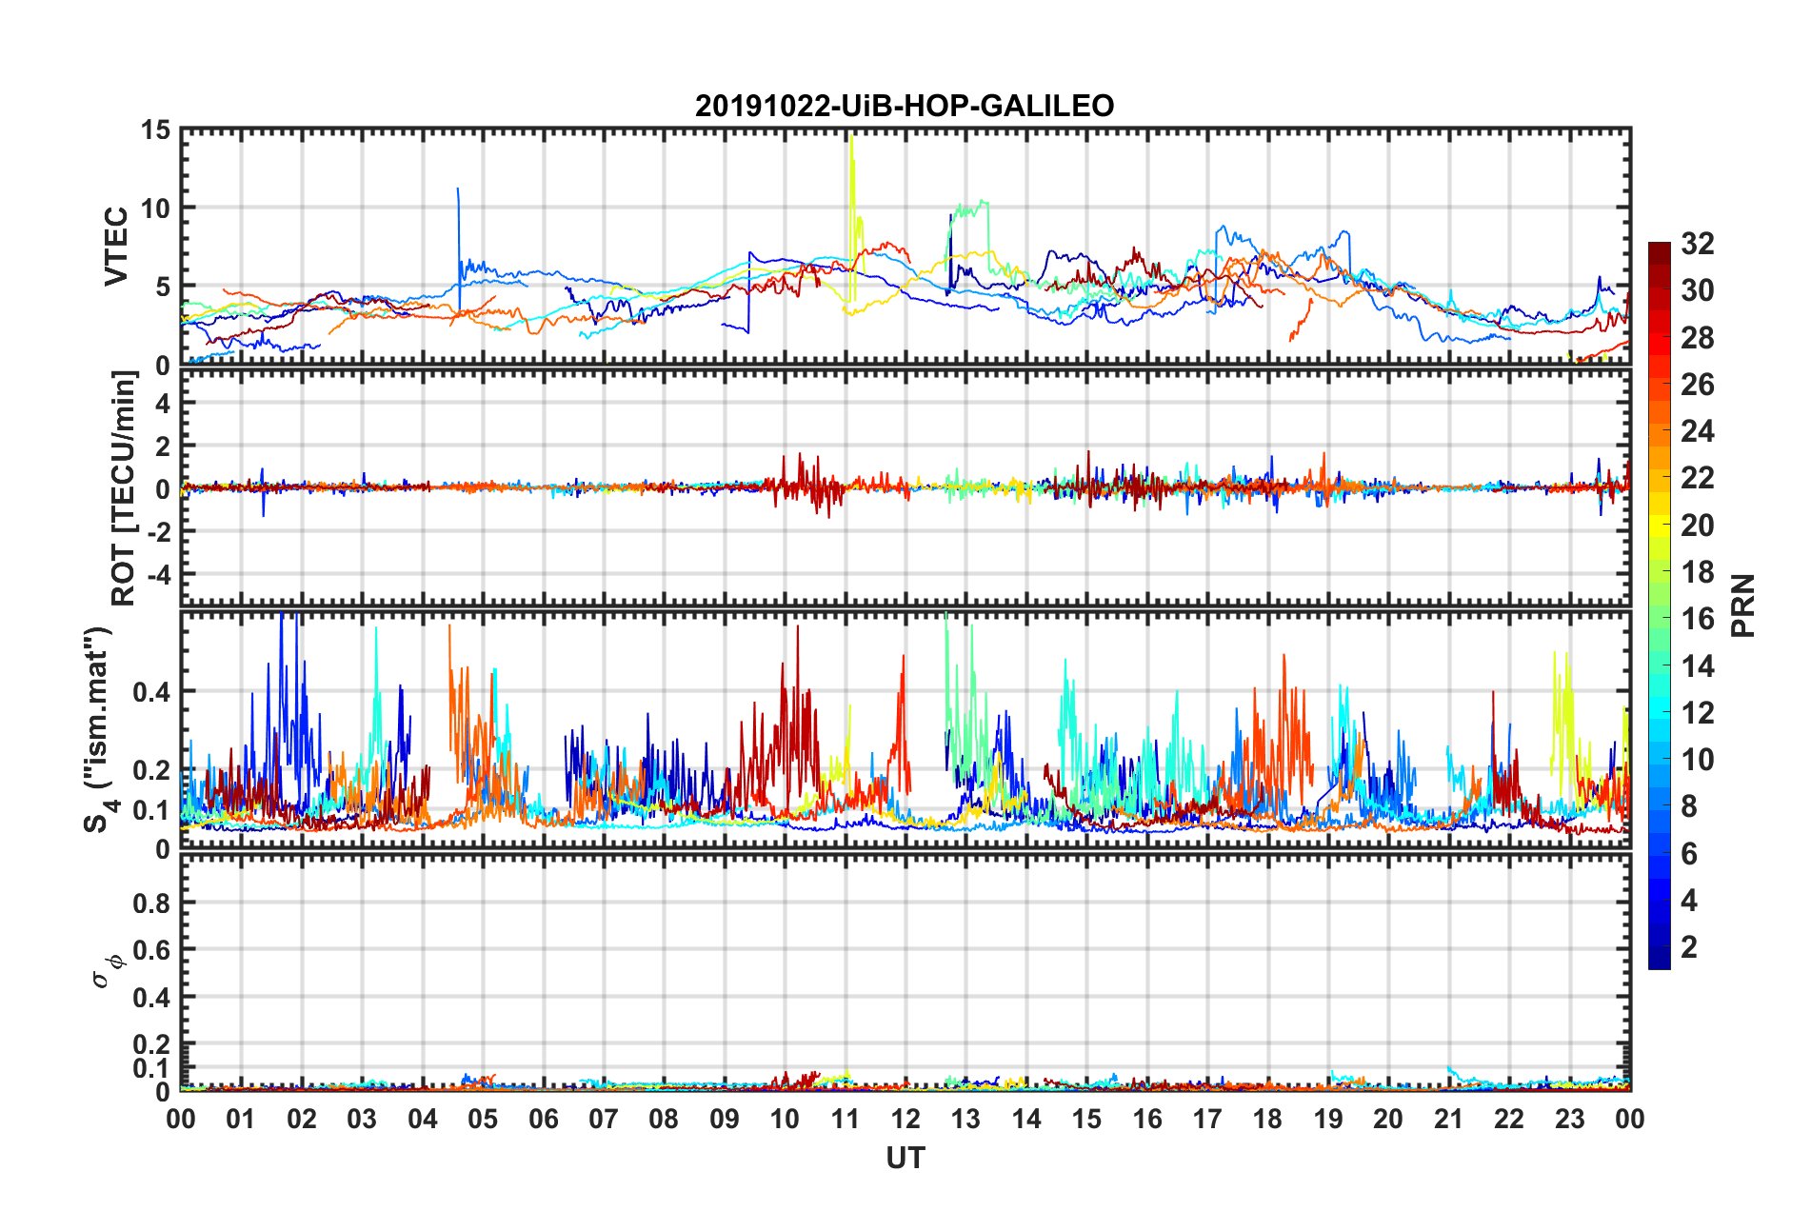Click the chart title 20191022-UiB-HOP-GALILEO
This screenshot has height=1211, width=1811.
pos(905,106)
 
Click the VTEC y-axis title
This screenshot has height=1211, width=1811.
pos(116,246)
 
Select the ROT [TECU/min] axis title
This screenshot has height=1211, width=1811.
pos(124,488)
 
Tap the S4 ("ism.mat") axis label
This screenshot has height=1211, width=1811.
pos(99,729)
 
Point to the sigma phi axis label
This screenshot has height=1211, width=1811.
pos(107,970)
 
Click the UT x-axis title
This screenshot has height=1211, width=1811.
pos(905,1158)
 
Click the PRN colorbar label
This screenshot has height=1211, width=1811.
pos(1743,605)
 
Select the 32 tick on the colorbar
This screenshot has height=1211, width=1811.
pos(1697,244)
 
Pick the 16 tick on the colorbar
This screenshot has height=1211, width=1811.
pos(1697,619)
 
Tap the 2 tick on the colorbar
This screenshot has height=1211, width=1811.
pos(1689,947)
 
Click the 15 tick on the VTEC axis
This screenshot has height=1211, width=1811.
pos(156,130)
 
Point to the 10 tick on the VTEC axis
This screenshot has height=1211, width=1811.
pos(156,208)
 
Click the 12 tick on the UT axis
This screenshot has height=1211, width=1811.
pos(905,1119)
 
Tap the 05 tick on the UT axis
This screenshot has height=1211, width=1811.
pos(483,1119)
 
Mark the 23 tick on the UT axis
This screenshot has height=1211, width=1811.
pos(1569,1119)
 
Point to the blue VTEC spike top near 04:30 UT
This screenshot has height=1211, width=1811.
pos(458,189)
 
